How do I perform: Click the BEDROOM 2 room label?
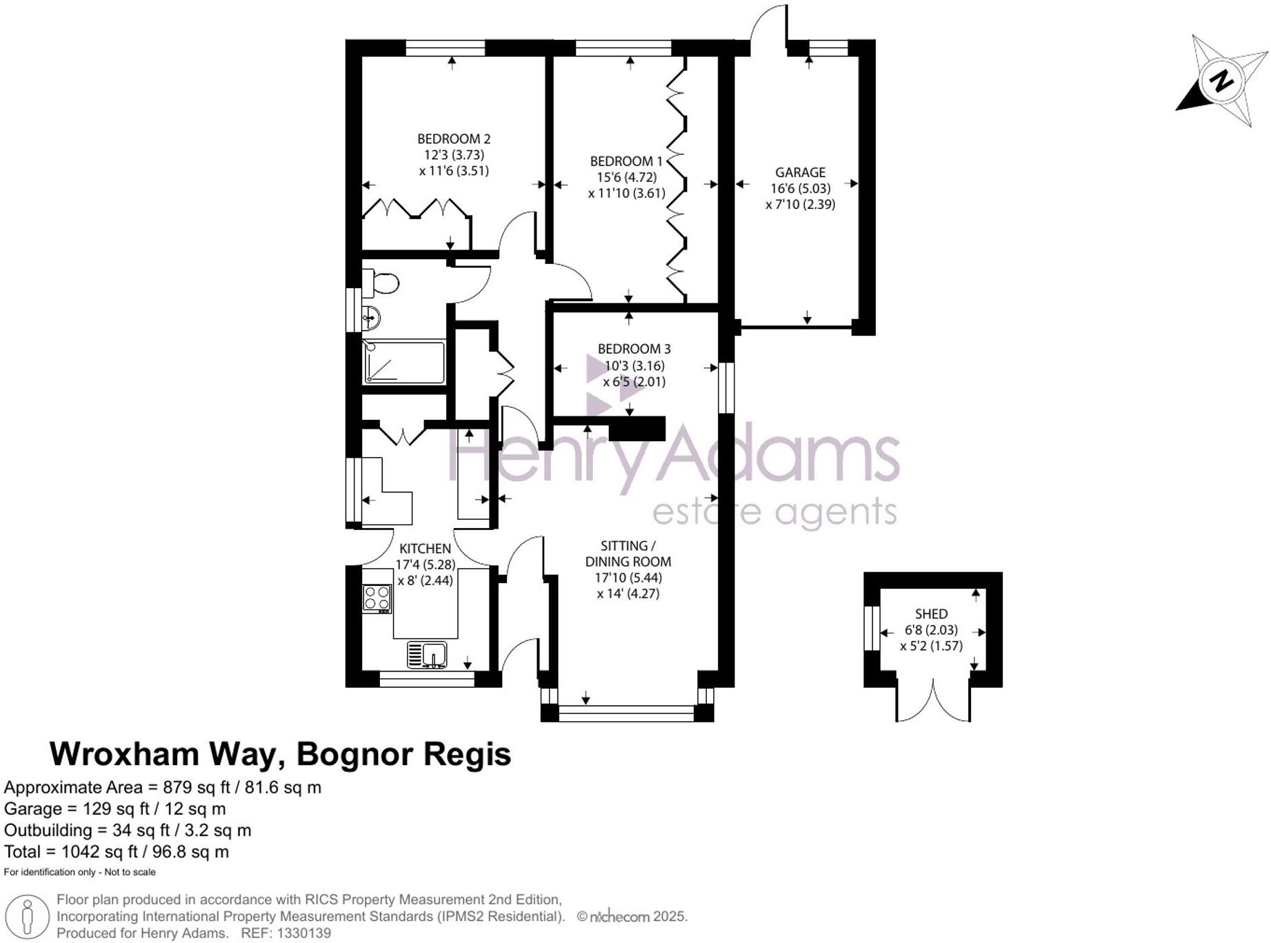[x=454, y=139]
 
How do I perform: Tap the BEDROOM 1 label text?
[x=626, y=161]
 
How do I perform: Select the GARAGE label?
[x=800, y=172]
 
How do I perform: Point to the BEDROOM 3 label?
[x=634, y=349]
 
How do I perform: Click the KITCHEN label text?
[x=426, y=549]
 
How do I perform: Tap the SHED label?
[x=931, y=614]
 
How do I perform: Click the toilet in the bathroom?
[x=381, y=283]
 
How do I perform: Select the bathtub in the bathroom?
[x=404, y=361]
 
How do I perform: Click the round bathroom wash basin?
[x=371, y=318]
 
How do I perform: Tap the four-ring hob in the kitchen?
[x=377, y=598]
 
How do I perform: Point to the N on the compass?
[x=1221, y=81]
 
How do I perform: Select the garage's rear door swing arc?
[x=768, y=24]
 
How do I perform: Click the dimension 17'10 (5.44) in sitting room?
[x=628, y=578]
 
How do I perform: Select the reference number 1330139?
[x=303, y=933]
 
